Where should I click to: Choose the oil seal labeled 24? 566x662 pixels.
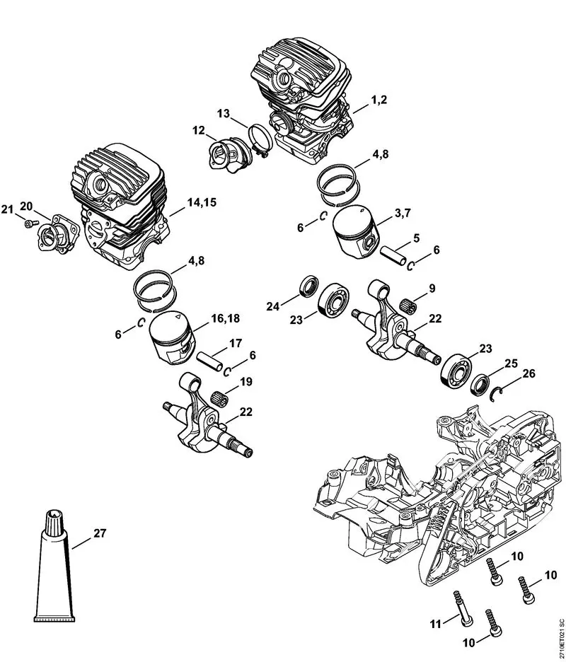(x=308, y=286)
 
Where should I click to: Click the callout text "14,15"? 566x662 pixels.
(x=201, y=202)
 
